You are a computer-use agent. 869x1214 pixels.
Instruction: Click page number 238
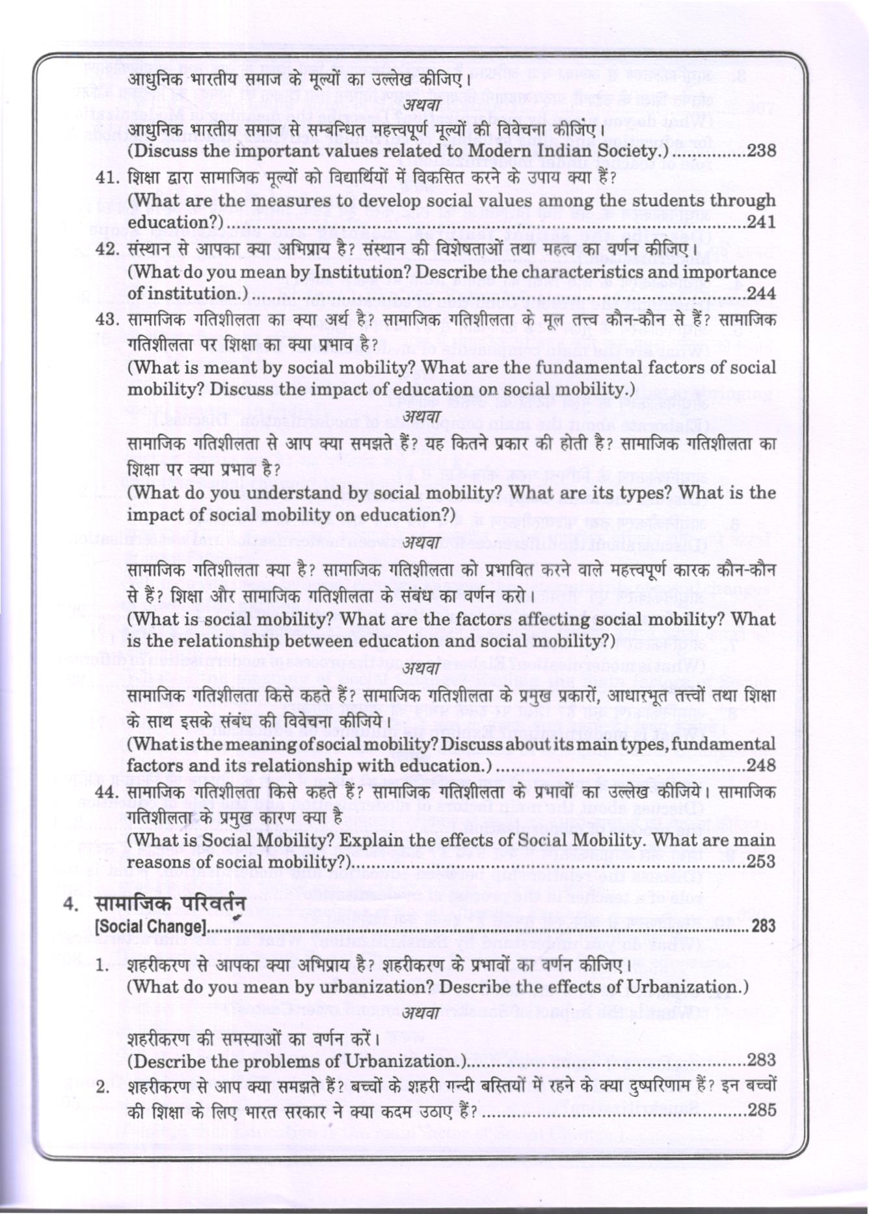(x=762, y=151)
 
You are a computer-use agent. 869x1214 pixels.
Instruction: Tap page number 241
(x=762, y=222)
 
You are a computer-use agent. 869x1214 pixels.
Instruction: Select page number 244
(x=762, y=293)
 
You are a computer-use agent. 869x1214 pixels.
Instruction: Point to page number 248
(x=761, y=765)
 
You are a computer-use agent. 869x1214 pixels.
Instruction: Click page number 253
(x=761, y=862)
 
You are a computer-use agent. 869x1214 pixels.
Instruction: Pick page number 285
(x=762, y=1110)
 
